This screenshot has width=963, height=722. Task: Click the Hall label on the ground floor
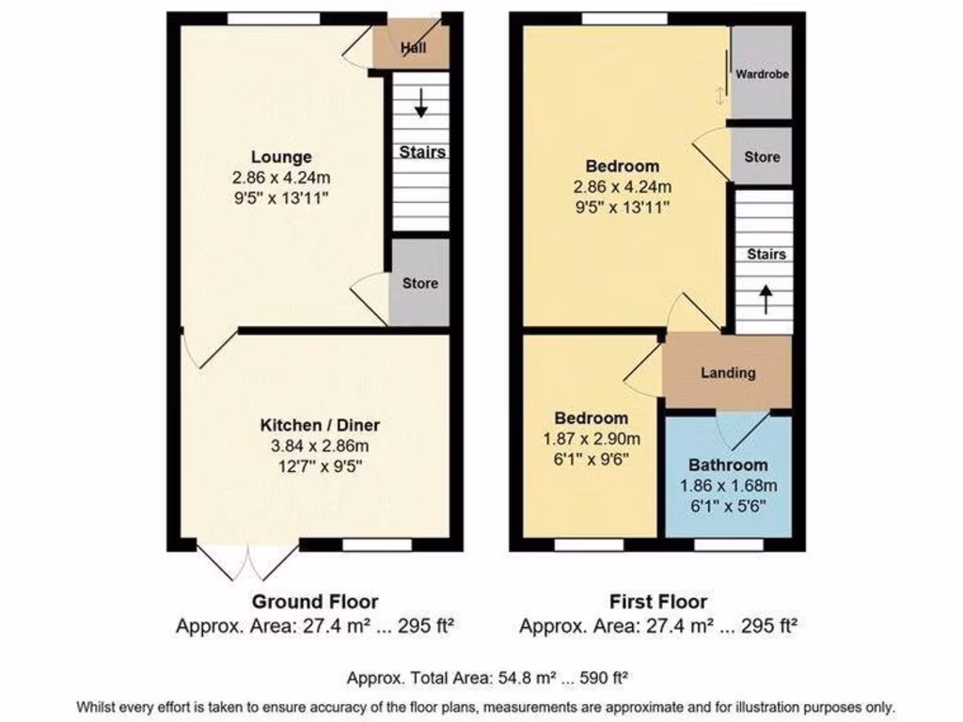pos(411,48)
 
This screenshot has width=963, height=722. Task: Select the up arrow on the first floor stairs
pos(765,300)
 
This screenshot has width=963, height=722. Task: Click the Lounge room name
pos(281,157)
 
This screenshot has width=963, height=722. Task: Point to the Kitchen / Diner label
pos(320,425)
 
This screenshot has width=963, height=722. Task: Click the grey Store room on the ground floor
pos(419,283)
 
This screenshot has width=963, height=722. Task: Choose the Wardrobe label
pos(762,73)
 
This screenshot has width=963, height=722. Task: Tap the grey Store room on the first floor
pos(762,157)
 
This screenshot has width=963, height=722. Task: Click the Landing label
pos(728,372)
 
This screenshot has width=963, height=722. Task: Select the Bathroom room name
pos(728,464)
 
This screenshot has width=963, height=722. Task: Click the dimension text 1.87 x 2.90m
pos(591,438)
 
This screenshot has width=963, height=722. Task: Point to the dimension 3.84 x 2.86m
pos(320,446)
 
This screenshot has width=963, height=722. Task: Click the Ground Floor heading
pos(315,602)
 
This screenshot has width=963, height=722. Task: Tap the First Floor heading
pos(658,602)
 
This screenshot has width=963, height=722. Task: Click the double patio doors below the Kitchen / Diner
pos(249,562)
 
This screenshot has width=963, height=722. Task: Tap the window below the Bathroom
pos(729,544)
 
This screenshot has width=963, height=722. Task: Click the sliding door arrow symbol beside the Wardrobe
pos(721,95)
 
